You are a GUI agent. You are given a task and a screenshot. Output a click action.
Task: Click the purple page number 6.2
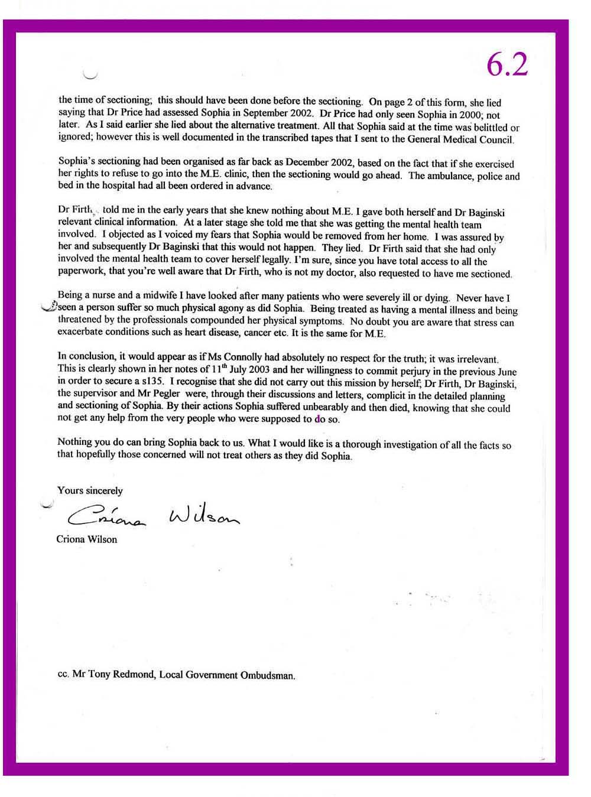tap(507, 65)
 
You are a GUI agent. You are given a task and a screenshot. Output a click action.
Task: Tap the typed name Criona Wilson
tap(86, 539)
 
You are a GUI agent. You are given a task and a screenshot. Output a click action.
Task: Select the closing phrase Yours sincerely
tap(90, 490)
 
